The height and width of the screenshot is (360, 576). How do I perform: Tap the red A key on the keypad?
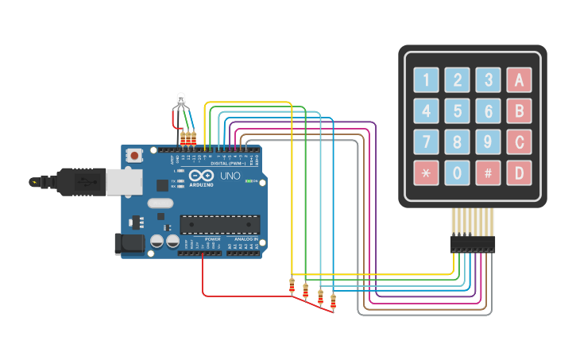(x=519, y=79)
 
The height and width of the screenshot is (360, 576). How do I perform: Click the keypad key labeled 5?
(x=457, y=110)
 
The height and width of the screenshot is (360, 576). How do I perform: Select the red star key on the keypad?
(x=426, y=172)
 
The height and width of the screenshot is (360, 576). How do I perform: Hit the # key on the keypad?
(x=488, y=172)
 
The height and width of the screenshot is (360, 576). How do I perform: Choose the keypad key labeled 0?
(x=457, y=172)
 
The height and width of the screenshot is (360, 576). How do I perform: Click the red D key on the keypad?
(x=519, y=172)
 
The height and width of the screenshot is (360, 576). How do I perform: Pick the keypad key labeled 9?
(x=488, y=141)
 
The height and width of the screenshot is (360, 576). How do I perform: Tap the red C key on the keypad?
(x=519, y=141)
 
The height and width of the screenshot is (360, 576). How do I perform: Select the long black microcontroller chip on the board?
(x=220, y=225)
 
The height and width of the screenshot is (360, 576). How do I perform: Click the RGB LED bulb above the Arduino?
(x=181, y=99)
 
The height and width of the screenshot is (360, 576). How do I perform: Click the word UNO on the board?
(x=230, y=176)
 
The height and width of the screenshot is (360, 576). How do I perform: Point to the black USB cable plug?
(x=80, y=182)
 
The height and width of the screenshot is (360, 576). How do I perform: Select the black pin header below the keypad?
(x=473, y=243)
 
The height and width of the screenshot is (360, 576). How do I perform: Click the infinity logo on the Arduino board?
(x=202, y=176)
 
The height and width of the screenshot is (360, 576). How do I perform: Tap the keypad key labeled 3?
(x=488, y=79)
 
